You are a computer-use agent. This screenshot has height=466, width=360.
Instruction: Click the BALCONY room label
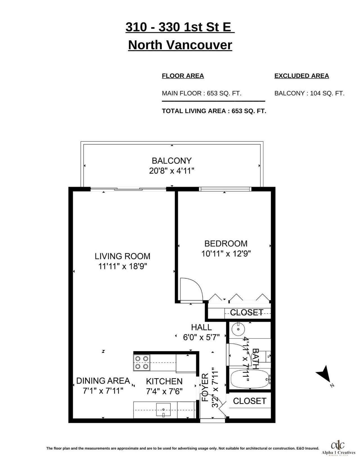click(172, 161)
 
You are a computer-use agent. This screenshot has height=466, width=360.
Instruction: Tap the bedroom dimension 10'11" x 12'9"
click(226, 254)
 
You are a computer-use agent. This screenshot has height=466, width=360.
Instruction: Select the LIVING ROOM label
click(122, 256)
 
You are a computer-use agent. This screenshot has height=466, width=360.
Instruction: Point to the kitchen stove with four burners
click(141, 363)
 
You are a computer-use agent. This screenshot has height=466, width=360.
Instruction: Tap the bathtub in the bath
click(250, 379)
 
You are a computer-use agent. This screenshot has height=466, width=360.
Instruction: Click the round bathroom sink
click(238, 329)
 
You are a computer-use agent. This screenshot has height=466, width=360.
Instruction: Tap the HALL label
click(201, 327)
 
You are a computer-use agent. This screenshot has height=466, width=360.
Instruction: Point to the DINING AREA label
click(103, 381)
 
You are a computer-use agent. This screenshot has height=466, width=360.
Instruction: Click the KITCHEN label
click(164, 381)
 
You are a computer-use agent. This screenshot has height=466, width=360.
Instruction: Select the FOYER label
click(205, 388)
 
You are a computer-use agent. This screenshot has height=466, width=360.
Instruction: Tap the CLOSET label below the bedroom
click(247, 312)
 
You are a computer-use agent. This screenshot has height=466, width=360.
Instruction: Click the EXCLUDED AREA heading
click(301, 76)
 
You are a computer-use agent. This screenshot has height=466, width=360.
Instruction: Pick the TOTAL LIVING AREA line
click(214, 111)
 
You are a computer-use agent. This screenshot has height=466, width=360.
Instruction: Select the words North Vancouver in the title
click(180, 45)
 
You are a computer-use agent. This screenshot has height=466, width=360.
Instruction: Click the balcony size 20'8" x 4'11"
click(172, 171)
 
